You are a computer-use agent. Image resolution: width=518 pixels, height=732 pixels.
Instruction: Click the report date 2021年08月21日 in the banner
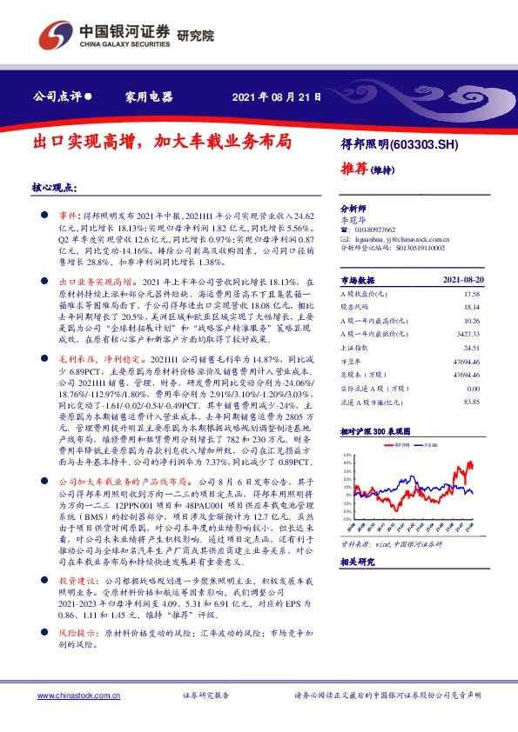pos(279,97)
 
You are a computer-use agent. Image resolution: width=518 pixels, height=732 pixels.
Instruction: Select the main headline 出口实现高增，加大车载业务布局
pos(161,140)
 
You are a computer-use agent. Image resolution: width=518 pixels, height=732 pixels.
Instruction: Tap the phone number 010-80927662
pos(376,230)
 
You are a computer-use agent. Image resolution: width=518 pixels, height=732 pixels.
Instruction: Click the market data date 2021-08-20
pos(466,280)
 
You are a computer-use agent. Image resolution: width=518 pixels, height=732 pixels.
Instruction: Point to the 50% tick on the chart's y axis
pos(346,454)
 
